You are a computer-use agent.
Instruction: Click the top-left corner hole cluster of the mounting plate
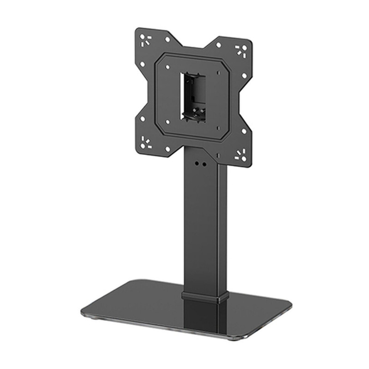[x=146, y=39]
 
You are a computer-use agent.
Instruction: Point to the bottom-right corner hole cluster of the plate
[x=240, y=155]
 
